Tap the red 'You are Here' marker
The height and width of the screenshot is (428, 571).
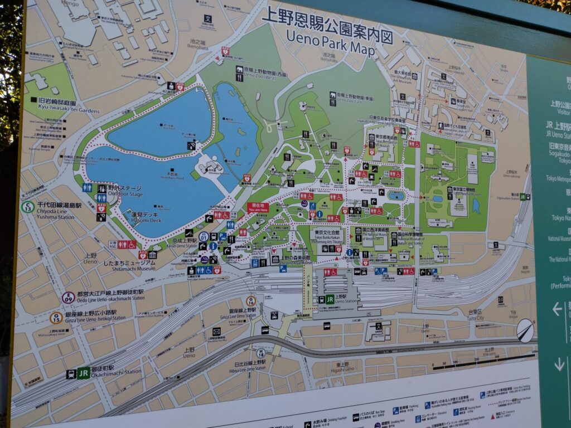point(258,207)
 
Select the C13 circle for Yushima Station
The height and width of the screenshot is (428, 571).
point(27,207)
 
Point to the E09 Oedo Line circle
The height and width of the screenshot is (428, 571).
point(68,297)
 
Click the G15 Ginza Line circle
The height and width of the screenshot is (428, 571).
point(56,318)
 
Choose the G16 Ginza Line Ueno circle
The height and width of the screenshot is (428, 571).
point(251,301)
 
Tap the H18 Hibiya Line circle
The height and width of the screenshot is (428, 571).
point(260,353)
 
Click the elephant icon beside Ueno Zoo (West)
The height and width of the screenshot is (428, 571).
point(239,70)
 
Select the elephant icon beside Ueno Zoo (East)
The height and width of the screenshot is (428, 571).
point(332,95)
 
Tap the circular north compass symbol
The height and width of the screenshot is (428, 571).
point(525,330)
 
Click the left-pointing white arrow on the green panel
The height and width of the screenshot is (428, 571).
point(557,309)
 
